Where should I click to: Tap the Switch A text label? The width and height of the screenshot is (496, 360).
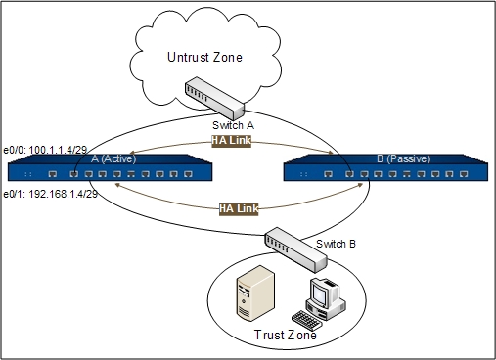point(233,126)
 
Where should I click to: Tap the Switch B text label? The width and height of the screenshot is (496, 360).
point(336,242)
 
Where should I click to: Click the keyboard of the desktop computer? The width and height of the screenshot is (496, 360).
point(309,319)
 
